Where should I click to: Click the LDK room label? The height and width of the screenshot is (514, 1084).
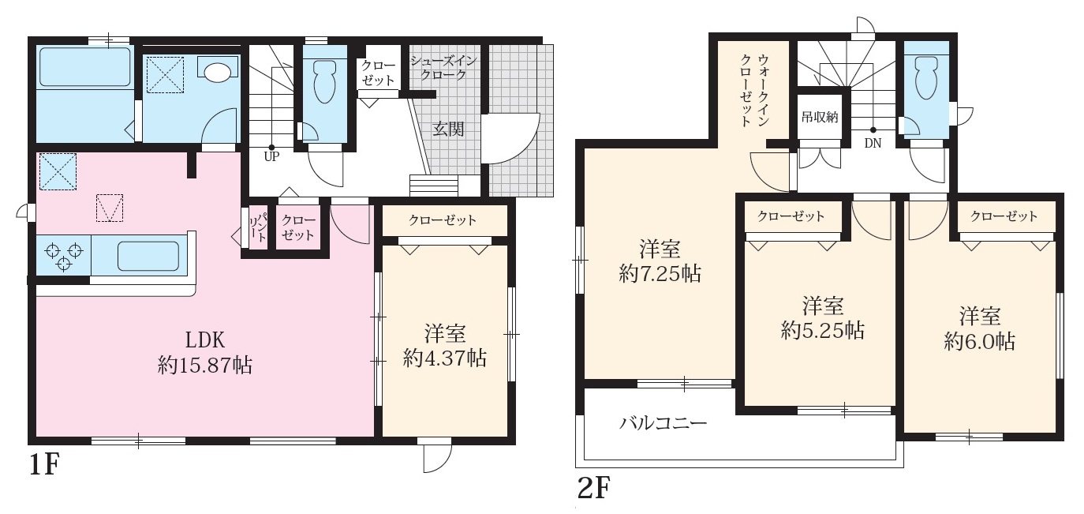click(x=205, y=340)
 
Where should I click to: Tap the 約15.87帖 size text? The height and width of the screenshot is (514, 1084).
click(x=204, y=366)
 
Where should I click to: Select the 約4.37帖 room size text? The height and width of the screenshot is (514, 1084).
click(x=445, y=358)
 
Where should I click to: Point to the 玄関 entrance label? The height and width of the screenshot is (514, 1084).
click(x=448, y=129)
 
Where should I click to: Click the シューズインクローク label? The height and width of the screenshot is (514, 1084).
click(x=443, y=68)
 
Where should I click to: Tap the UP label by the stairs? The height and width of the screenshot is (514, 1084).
click(x=271, y=157)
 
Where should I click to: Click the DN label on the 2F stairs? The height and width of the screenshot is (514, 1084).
click(x=873, y=144)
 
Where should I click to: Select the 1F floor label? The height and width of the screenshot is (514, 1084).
click(x=44, y=466)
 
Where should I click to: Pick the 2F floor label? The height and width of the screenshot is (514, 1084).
click(x=593, y=488)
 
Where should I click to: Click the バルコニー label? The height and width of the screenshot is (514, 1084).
click(x=663, y=424)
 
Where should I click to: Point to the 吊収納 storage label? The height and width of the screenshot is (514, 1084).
click(x=819, y=117)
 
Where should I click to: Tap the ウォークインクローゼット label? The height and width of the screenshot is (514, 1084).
click(x=755, y=90)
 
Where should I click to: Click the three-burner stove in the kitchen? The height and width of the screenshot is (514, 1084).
click(x=64, y=255)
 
